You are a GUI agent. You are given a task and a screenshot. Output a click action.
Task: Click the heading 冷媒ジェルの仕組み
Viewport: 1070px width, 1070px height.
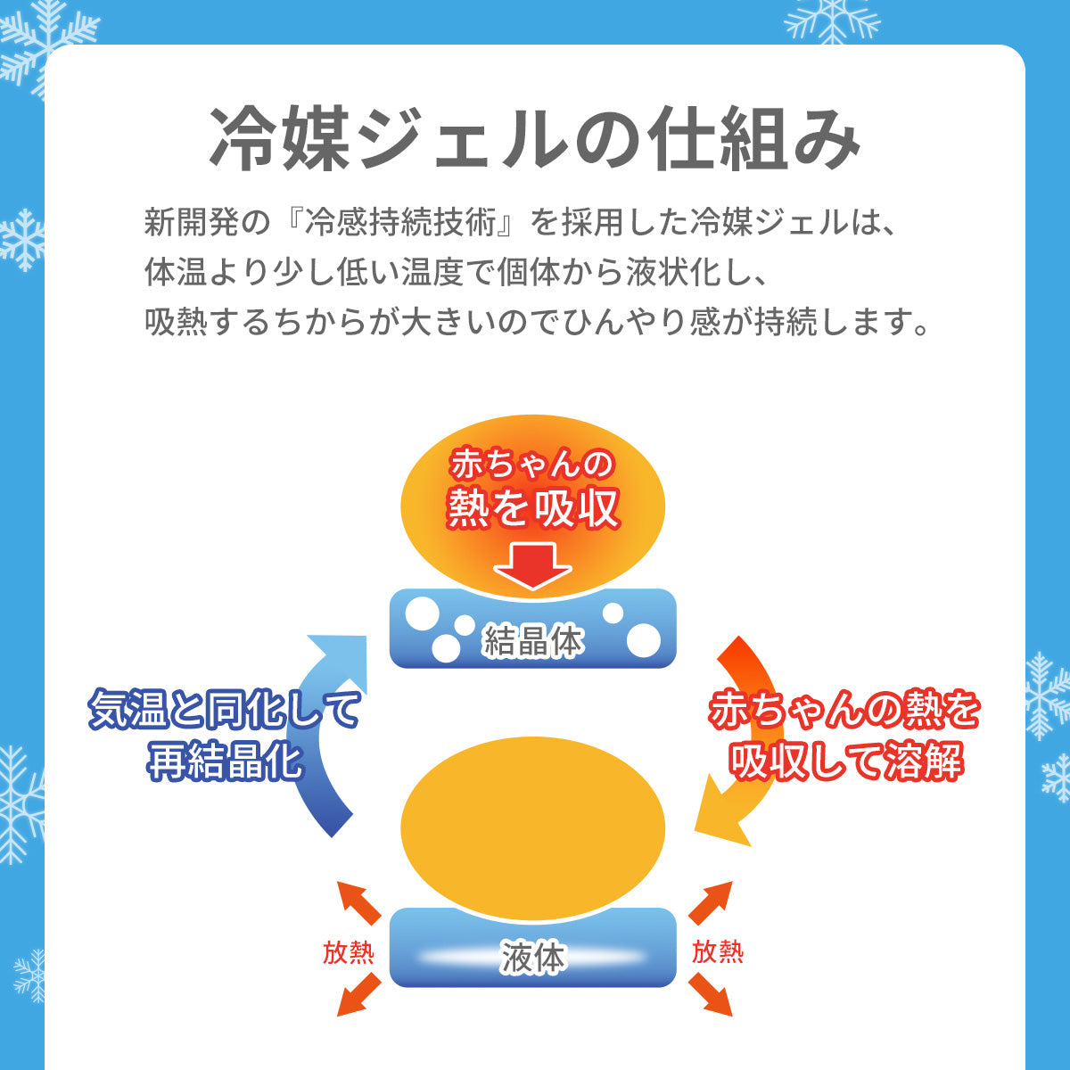coord(535,141)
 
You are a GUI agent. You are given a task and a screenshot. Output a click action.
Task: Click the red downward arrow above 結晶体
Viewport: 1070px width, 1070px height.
coord(532,565)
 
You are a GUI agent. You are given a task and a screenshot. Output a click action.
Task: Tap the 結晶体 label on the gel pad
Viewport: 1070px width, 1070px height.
coord(532,640)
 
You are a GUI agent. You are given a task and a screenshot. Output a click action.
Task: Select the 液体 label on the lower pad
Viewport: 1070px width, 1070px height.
coord(532,958)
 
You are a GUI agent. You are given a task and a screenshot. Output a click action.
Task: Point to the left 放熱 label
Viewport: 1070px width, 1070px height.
coord(349,952)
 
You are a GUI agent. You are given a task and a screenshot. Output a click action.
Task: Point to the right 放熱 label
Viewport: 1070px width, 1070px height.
coord(718,952)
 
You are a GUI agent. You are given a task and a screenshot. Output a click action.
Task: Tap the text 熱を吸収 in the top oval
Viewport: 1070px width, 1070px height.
coord(533,508)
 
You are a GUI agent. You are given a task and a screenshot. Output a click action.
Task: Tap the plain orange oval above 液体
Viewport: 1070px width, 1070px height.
coord(533,825)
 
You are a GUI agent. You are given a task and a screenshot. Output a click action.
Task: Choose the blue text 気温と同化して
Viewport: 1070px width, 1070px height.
coord(226,711)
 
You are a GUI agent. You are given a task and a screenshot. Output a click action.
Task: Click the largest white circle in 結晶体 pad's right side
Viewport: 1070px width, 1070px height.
coord(644,639)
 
